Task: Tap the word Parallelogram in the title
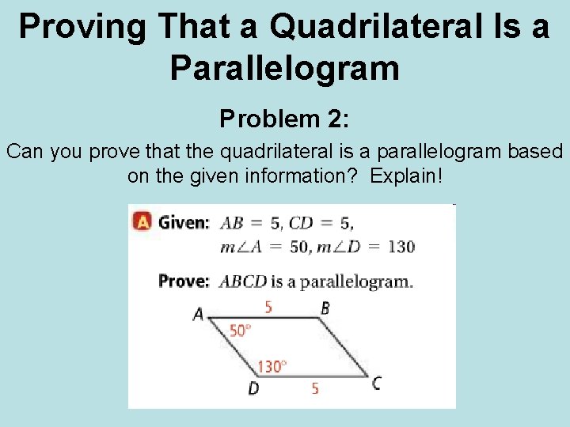(285, 68)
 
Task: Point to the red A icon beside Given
(142, 222)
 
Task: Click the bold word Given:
(184, 222)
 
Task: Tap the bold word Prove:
(184, 281)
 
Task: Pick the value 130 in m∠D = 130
(401, 246)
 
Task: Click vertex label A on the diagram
(198, 315)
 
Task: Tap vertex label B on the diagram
(325, 308)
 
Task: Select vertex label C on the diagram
(377, 384)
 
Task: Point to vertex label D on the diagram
(253, 388)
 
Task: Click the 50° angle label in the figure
(241, 331)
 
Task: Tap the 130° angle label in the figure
(272, 366)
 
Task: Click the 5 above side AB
(268, 307)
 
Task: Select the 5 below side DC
(315, 388)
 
